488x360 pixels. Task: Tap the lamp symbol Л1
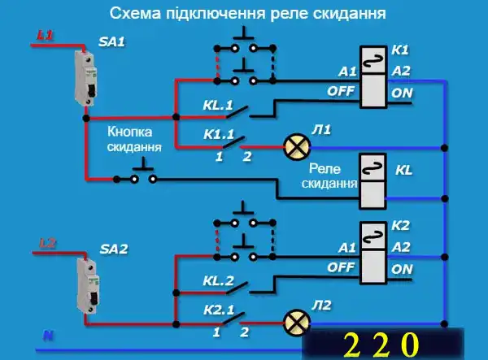[296, 147]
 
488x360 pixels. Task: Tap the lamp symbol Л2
[294, 321]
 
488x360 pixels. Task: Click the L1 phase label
[46, 37]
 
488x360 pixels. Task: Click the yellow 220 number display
[383, 342]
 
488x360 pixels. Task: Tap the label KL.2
[219, 280]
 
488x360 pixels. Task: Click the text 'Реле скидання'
[329, 176]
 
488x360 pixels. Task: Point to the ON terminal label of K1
[401, 93]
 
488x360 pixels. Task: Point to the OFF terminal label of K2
[342, 267]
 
